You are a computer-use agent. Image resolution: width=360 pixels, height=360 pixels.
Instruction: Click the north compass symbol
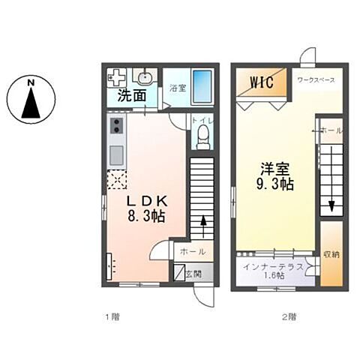tap(31, 99)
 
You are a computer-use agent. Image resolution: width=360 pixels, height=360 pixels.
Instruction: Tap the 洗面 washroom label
tap(131, 97)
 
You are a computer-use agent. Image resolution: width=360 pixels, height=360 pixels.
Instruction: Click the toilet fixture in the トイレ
tap(201, 136)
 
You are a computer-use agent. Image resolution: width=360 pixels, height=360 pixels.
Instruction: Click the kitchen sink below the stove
tap(117, 156)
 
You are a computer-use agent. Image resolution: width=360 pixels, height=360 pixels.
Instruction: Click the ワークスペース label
tap(315, 79)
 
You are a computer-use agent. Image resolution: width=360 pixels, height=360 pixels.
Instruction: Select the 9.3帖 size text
tap(277, 185)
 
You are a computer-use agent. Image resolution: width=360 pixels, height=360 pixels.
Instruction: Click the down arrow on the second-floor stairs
tap(331, 201)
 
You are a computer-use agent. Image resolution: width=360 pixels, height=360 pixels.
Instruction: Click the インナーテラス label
tap(272, 267)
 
